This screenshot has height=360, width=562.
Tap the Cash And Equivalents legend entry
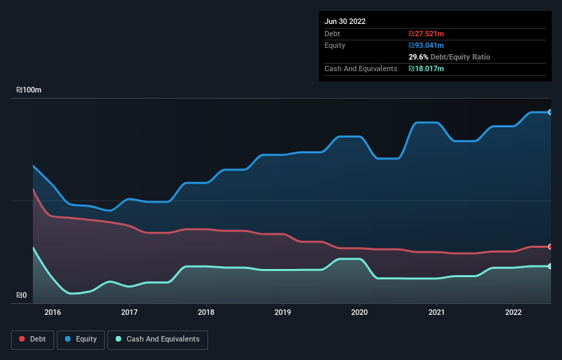157,339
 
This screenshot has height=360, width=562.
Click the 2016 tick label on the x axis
53,312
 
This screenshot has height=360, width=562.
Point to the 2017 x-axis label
129,312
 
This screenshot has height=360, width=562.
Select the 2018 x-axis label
206,312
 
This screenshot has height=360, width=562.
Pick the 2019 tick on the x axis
283,312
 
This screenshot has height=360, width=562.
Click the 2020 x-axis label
359,312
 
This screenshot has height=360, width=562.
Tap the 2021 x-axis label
436,312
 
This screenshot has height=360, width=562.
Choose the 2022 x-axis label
513,312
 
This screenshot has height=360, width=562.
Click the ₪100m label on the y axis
29,90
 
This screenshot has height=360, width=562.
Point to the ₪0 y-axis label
22,296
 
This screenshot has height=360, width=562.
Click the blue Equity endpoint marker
550,112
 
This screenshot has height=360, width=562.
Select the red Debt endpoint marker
550,246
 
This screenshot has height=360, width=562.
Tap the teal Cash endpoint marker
550,266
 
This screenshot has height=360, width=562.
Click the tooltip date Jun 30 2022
345,21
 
